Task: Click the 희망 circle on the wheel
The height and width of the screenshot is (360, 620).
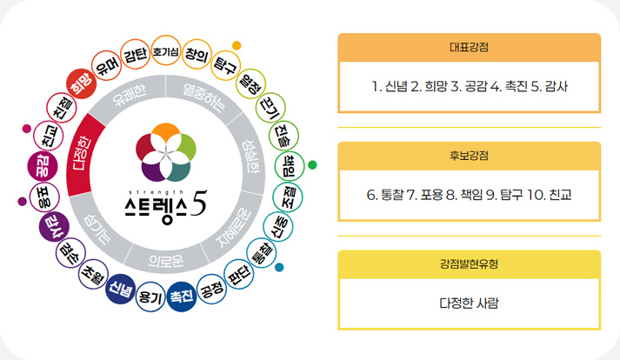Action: click(81, 83)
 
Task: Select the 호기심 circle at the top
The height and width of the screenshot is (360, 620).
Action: click(166, 51)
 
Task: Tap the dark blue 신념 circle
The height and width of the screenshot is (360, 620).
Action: click(121, 290)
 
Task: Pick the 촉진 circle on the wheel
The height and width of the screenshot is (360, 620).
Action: click(182, 297)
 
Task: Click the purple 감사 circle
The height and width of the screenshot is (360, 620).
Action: click(54, 228)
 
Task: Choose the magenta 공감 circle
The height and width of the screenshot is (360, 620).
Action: click(43, 166)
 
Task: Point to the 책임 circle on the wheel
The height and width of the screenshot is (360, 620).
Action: click(290, 166)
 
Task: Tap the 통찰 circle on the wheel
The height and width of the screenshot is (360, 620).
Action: click(262, 253)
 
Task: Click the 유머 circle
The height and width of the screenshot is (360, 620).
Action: click(106, 66)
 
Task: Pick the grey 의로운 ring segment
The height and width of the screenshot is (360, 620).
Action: click(166, 259)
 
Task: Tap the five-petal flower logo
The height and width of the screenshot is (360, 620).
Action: click(166, 152)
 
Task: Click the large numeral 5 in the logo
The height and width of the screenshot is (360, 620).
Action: click(198, 203)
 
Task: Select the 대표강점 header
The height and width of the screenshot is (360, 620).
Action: click(469, 48)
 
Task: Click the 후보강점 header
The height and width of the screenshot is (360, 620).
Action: click(469, 156)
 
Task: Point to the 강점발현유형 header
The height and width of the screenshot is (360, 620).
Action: click(469, 264)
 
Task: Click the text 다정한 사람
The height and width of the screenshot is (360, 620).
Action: click(469, 303)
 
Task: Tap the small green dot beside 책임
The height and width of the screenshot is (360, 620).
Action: click(312, 164)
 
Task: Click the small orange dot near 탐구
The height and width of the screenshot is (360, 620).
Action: click(237, 45)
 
